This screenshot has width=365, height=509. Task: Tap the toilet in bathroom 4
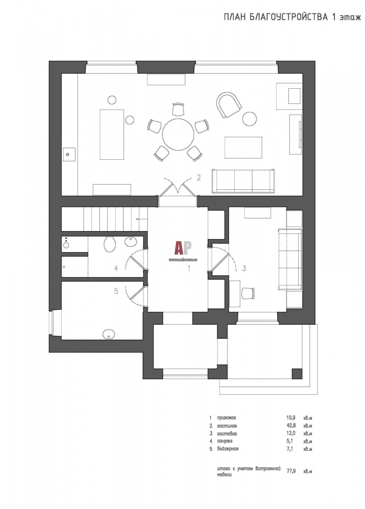110,244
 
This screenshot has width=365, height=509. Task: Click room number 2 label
199,177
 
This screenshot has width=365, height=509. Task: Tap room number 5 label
116,291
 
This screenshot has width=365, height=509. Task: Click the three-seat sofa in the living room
243,181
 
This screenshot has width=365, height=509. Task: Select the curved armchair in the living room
229,105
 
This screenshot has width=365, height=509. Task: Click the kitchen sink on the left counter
69,154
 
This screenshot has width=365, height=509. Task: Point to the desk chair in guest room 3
248,294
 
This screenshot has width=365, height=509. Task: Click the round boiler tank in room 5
109,334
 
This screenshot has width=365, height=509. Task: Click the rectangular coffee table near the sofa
243,147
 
